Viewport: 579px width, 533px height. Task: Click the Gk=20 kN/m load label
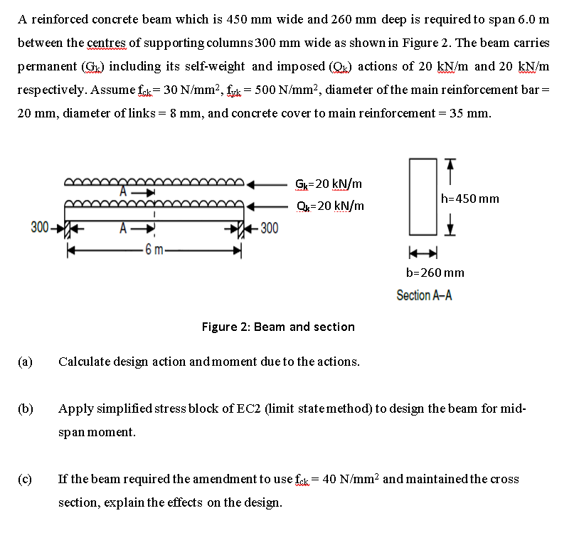328,184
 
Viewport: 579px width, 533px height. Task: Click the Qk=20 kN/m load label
329,206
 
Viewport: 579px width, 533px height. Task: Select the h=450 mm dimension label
470,198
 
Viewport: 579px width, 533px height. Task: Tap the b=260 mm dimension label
435,273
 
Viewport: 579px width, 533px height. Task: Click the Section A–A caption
424,295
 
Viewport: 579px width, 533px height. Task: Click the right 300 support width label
269,228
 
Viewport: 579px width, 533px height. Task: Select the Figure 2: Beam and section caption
278,327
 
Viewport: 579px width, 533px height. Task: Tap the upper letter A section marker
123,191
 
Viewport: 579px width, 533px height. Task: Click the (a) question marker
25,362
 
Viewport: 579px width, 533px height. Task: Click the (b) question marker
25,409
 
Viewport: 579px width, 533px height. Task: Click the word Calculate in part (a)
83,362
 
